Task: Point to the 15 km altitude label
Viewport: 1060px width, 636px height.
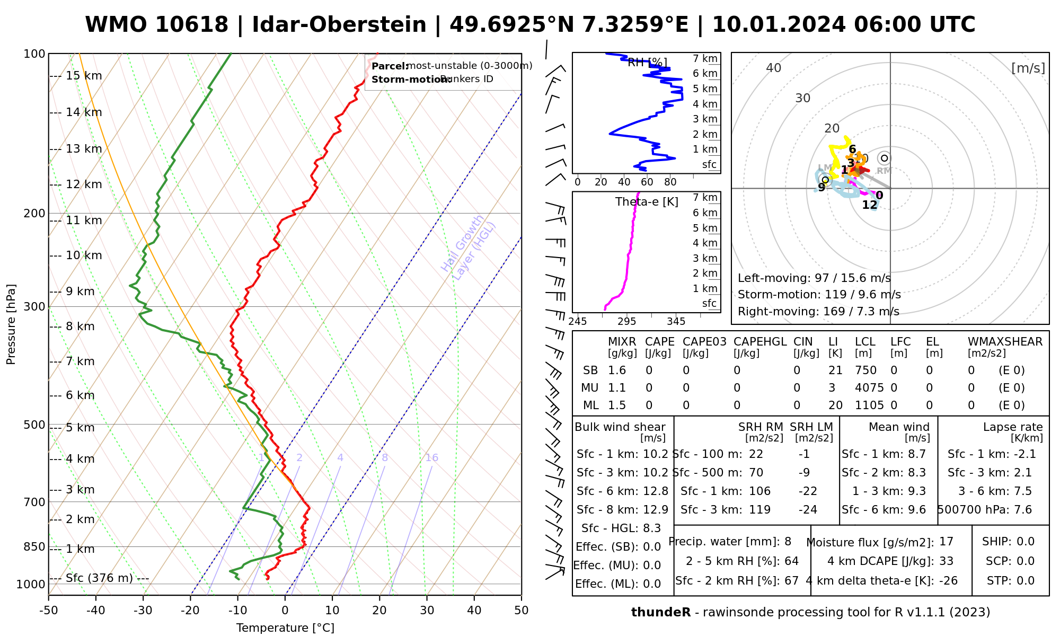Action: [84, 76]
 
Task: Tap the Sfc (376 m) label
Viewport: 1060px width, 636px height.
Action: [99, 578]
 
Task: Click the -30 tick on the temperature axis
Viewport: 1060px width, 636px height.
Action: [143, 611]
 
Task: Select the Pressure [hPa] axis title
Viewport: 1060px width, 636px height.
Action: [11, 324]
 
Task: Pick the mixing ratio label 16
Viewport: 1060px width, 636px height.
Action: [431, 457]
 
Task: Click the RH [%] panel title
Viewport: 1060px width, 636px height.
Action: [647, 63]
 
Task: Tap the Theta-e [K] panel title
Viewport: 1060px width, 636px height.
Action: [647, 202]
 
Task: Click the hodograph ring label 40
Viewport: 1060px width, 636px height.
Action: [774, 68]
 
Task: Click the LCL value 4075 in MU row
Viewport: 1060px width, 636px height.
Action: [869, 387]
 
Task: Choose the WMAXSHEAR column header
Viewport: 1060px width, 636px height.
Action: [1005, 342]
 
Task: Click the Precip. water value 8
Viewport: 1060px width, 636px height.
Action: [788, 542]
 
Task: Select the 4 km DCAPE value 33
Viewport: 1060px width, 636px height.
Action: [946, 561]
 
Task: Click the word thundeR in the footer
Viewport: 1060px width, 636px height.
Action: [660, 612]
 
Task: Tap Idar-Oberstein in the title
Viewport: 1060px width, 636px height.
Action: [339, 25]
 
